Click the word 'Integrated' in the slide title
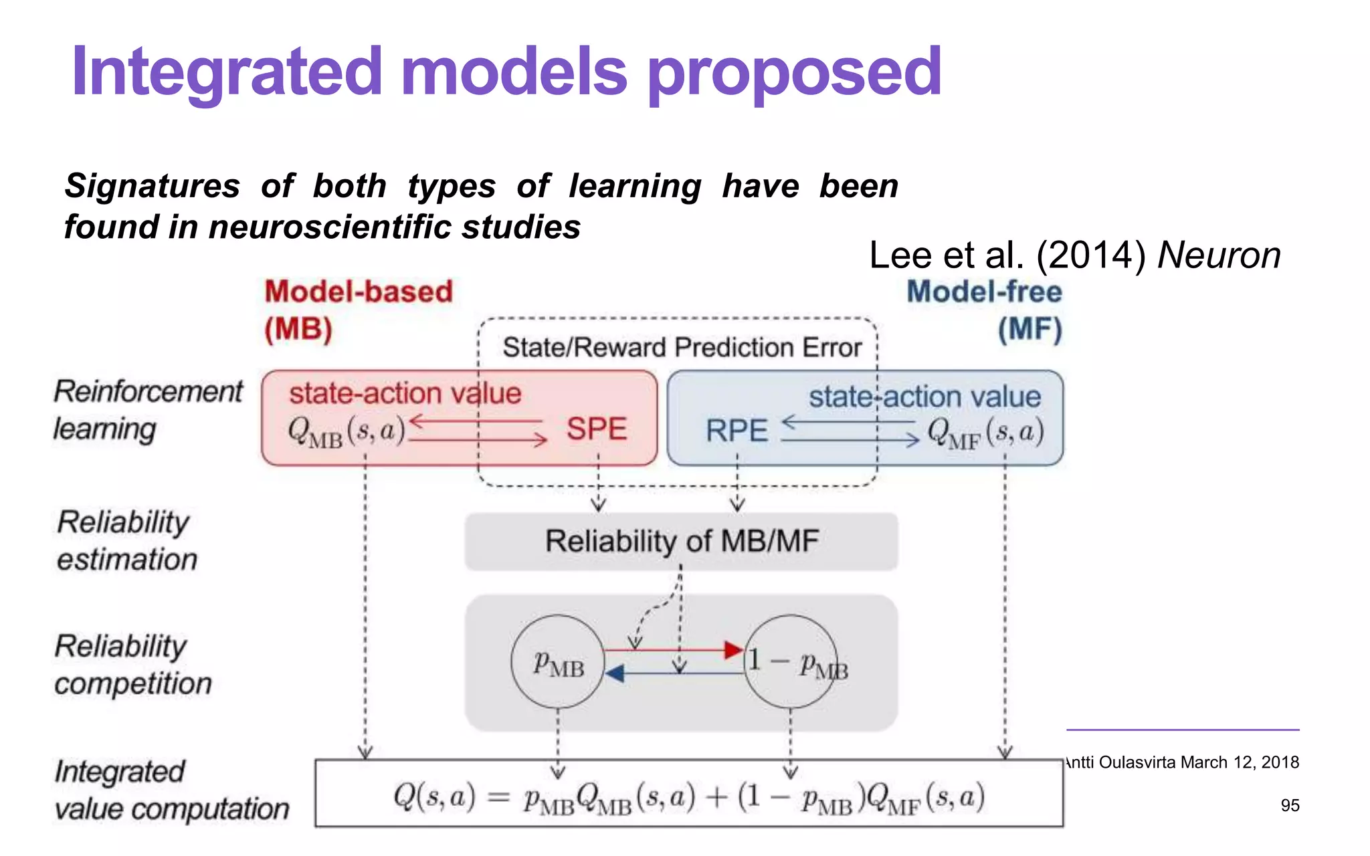pyautogui.click(x=227, y=72)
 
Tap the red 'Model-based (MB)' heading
pyautogui.click(x=358, y=310)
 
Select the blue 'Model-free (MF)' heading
pyautogui.click(x=985, y=310)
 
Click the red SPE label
pyautogui.click(x=597, y=429)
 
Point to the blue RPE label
pyautogui.click(x=737, y=431)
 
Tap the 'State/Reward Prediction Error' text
pyautogui.click(x=682, y=348)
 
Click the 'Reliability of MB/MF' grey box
pyautogui.click(x=681, y=542)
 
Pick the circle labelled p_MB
pyautogui.click(x=558, y=662)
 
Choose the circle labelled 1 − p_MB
pyautogui.click(x=791, y=662)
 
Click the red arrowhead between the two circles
pyautogui.click(x=734, y=649)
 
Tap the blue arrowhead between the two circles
pyautogui.click(x=615, y=673)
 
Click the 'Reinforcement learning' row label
pyautogui.click(x=147, y=410)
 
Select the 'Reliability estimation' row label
pyautogui.click(x=127, y=540)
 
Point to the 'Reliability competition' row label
pyautogui.click(x=132, y=665)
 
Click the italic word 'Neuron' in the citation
pyautogui.click(x=1219, y=255)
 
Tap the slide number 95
pyautogui.click(x=1290, y=805)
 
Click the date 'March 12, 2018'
pyautogui.click(x=1240, y=762)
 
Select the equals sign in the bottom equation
pyautogui.click(x=498, y=797)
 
